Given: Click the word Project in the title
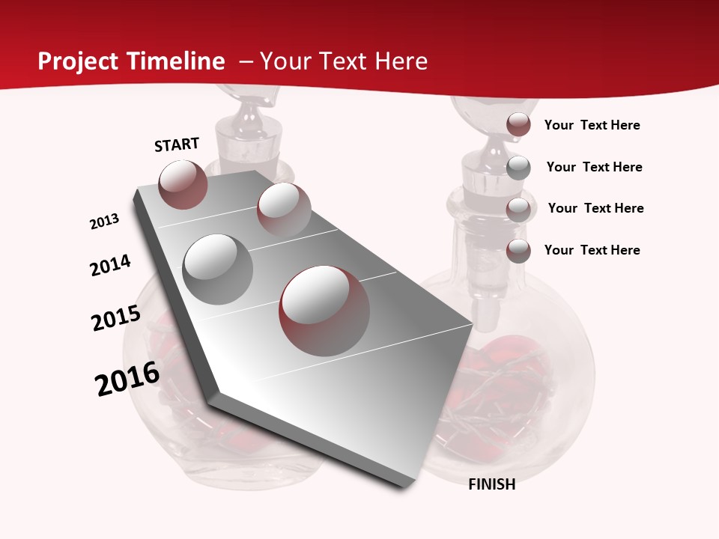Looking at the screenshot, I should pos(79,62).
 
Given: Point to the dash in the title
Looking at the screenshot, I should pos(246,61).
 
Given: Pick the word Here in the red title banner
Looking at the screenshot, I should pos(401,61).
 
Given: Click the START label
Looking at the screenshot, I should pos(177,144).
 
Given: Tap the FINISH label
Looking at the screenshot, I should pos(492,484).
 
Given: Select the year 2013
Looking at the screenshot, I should pos(105,222).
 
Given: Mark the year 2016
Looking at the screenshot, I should pos(127,379).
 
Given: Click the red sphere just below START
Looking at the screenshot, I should pos(183,184).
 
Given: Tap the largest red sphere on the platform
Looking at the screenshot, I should pos(324,311).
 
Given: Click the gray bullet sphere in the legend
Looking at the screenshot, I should pos(518,168).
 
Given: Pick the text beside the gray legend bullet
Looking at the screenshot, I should pos(594,167).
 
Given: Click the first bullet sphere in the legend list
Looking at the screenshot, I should pos(518,125).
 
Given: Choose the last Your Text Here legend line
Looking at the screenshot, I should pos(592,250).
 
